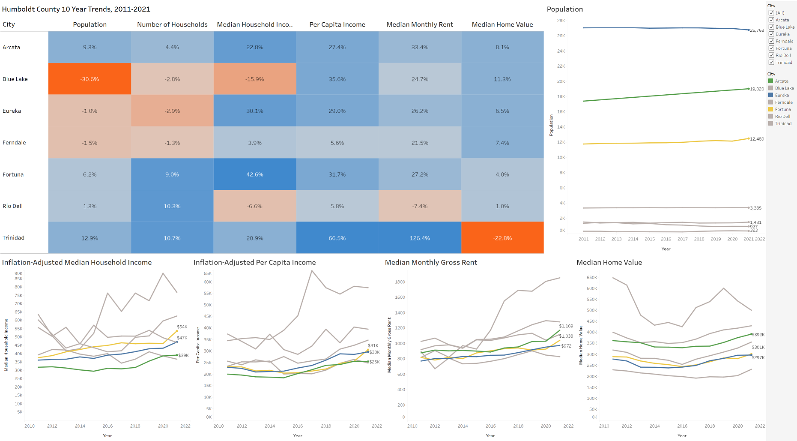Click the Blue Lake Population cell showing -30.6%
coord(90,79)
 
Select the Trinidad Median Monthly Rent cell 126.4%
coord(420,238)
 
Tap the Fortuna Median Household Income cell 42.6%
coord(254,174)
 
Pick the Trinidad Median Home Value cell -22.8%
coord(502,238)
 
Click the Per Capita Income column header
coord(337,24)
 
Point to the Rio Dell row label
coord(13,206)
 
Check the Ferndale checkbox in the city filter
coord(771,41)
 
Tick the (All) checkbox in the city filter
coord(771,13)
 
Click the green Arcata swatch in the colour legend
coord(771,81)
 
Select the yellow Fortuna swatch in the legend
coord(771,109)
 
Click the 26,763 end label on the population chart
coord(757,30)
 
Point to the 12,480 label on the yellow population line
coord(757,139)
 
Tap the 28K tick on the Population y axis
coord(561,21)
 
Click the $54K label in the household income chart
coord(182,327)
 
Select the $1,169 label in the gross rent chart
coord(566,326)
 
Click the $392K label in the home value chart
coord(758,335)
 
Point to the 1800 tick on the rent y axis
coord(400,282)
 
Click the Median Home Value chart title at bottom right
coord(609,262)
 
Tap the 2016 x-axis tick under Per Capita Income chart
coord(298,426)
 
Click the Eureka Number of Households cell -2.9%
coord(172,111)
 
